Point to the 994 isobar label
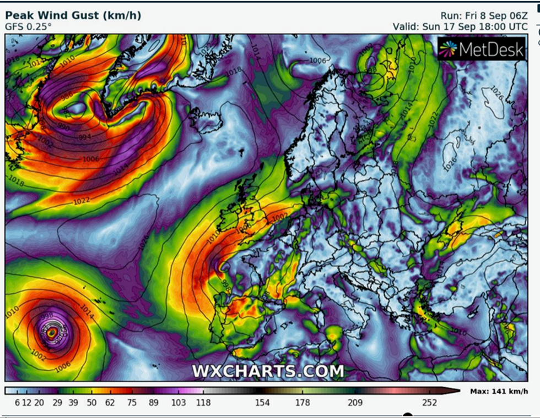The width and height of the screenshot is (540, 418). coord(84,136)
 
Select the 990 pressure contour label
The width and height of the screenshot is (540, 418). coord(64,127)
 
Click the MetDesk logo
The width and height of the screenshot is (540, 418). coord(480,50)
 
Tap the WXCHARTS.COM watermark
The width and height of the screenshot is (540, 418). coord(267,371)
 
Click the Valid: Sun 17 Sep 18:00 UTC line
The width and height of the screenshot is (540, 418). coord(460,26)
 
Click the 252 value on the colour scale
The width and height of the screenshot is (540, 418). coord(429,403)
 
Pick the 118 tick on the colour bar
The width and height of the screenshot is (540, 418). coord(203,403)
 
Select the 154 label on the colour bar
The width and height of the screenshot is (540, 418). coord(262,403)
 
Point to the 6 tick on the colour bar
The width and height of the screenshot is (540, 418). coord(17,403)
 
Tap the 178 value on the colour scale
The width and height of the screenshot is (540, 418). coord(303,403)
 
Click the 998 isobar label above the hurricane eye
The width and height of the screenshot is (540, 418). coord(47,315)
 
